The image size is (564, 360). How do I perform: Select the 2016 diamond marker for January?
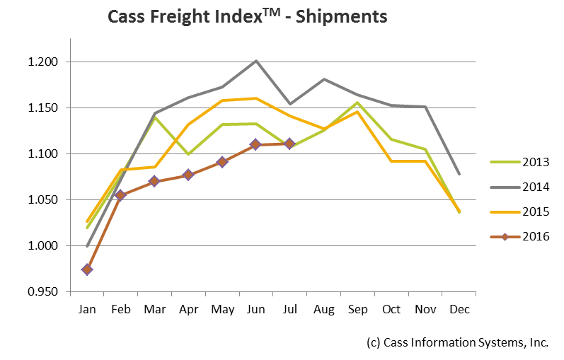coord(87,269)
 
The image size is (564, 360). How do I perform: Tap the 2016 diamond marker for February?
coord(120,195)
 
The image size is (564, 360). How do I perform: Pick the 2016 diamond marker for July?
coord(289,144)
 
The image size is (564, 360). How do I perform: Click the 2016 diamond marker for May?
coord(222,162)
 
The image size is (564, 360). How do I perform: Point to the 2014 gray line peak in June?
coord(255,61)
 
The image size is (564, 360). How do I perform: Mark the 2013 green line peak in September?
coord(357,103)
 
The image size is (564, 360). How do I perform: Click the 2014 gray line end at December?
coord(459,174)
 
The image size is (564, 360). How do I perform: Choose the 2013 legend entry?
coord(524,162)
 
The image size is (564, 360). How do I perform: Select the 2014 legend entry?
coord(524,187)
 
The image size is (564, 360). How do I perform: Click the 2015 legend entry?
coord(524,211)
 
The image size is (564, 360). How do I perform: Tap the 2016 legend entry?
coord(524,236)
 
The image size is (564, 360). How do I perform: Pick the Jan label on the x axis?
coord(87,309)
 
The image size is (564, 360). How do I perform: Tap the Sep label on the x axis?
coord(357,309)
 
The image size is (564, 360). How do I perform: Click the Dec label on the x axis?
coord(459,309)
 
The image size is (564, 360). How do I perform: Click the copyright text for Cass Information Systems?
coord(458,342)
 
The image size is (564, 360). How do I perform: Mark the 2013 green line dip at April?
coord(188,153)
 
